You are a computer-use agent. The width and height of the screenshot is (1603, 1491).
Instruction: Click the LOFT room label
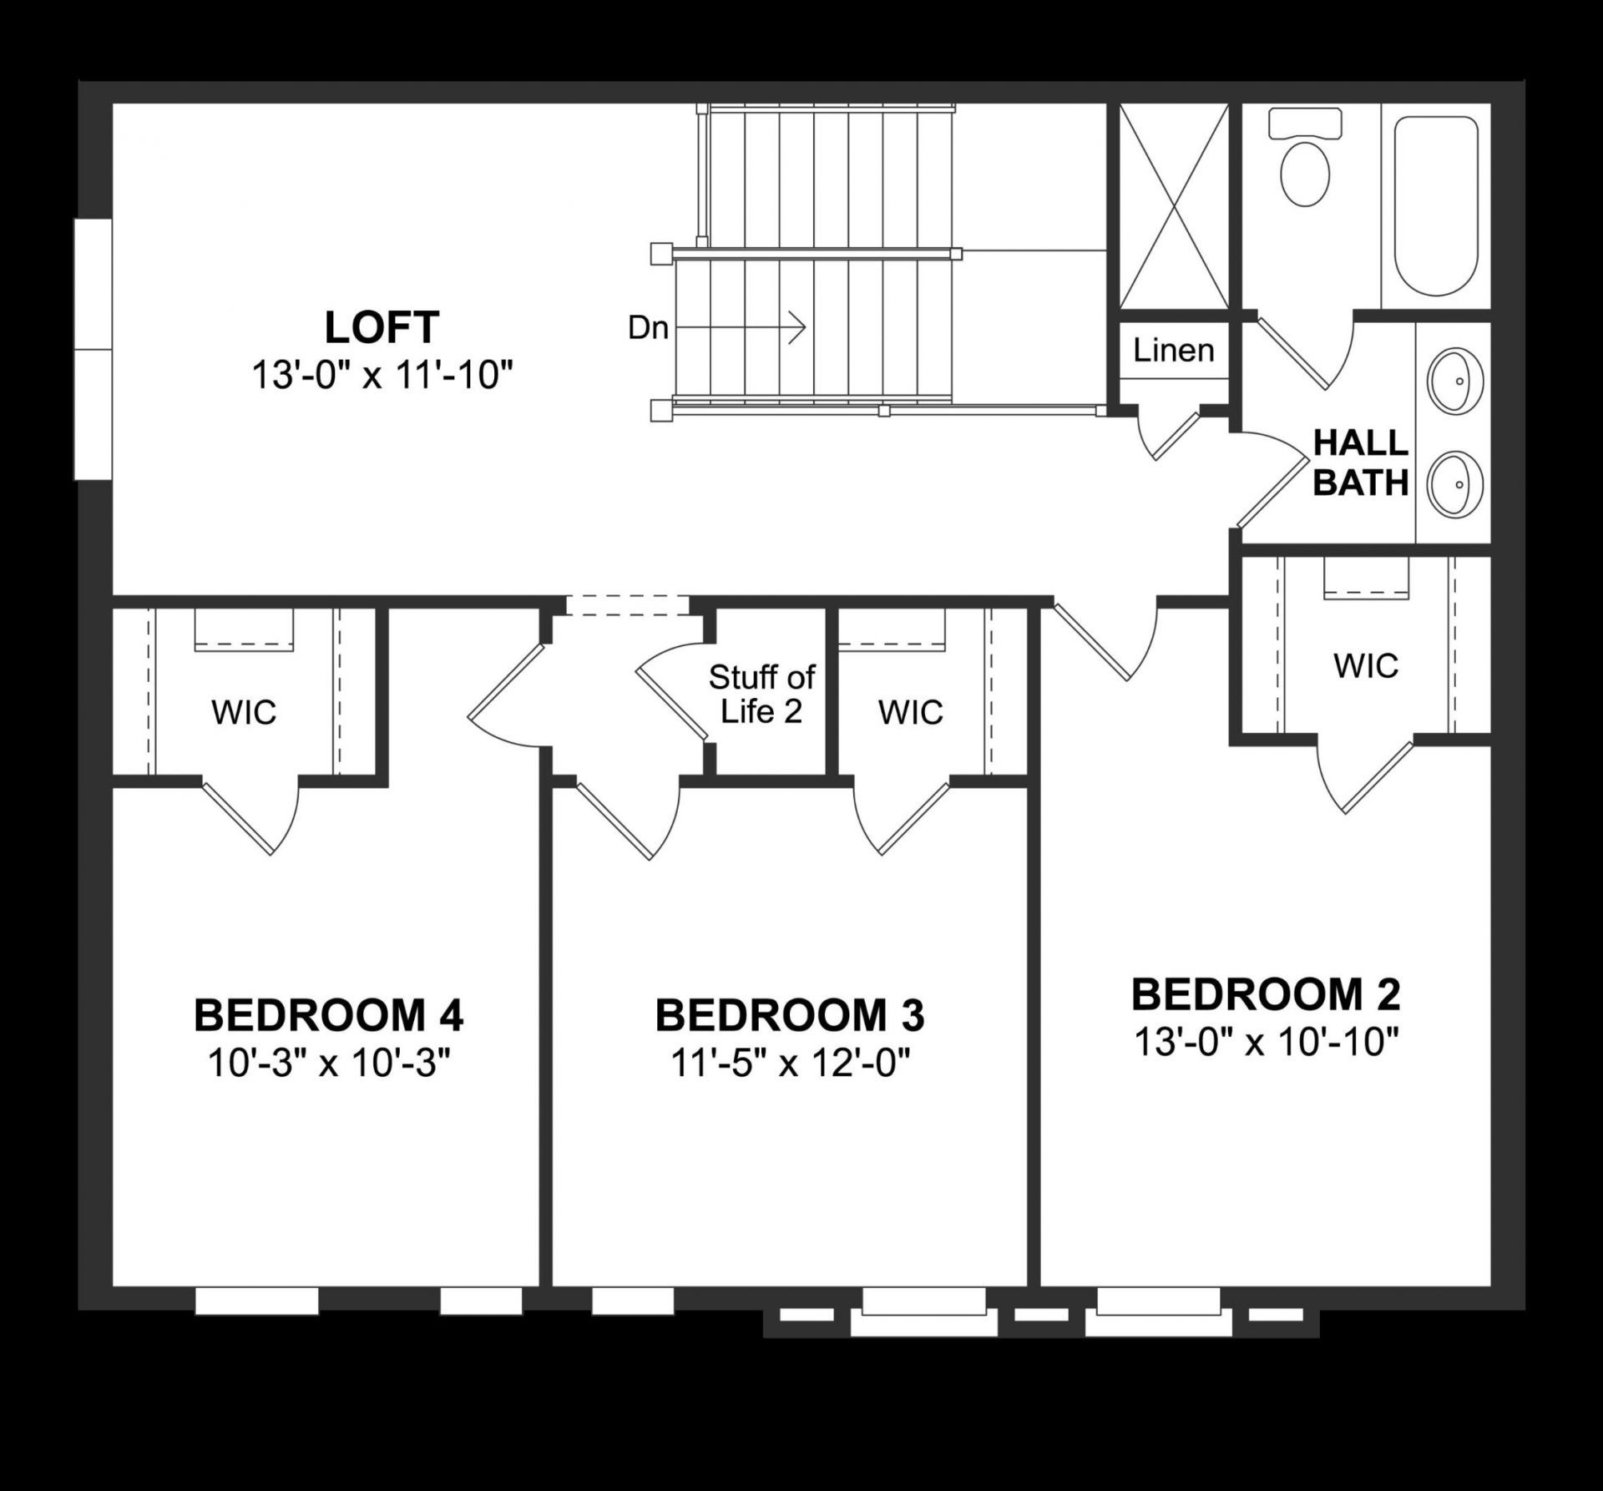coord(382,328)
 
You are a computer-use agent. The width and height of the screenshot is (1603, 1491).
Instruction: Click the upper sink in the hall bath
coord(1455,381)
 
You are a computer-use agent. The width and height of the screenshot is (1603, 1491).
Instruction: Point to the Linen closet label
coord(1173,351)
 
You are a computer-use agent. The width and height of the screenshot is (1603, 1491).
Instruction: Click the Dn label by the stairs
coord(648,328)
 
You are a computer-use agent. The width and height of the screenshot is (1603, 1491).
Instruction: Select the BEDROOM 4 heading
coord(328,1016)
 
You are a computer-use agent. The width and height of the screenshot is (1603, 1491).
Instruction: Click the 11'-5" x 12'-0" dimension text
coord(790,1064)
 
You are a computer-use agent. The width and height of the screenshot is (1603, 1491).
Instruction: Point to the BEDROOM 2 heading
coord(1266,994)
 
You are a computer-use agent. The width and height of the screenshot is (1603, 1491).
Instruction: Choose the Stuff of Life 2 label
coord(761,694)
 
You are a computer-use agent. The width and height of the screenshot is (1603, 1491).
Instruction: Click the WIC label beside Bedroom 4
coord(244,712)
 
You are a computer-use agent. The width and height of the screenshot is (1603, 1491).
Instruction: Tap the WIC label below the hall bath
coord(1366,665)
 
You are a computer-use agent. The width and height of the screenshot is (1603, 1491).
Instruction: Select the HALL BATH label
coord(1361,463)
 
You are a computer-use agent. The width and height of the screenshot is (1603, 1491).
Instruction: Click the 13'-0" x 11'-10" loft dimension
coord(382,376)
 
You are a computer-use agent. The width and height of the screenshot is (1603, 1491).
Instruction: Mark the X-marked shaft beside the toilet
coord(1173,205)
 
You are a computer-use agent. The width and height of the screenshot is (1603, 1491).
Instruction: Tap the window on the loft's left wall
coord(93,349)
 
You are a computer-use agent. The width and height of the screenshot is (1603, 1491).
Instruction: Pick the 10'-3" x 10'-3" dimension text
coord(328,1064)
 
